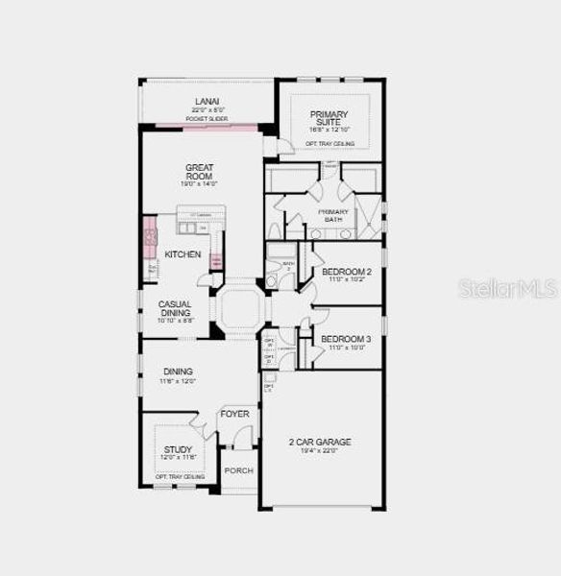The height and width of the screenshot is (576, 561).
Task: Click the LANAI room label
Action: pos(207,101)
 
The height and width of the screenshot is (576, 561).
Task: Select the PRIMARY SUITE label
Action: pos(329,118)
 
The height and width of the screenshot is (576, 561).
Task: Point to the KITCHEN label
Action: pos(183,254)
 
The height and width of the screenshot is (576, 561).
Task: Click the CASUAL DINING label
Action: pos(175,308)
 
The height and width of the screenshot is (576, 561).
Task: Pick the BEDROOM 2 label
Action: pos(346,272)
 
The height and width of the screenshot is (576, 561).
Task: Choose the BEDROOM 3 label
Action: pos(346,339)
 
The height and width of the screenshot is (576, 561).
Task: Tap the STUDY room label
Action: pos(178,449)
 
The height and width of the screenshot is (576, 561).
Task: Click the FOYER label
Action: pos(234,414)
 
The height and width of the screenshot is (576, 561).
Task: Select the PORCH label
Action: pos(238,470)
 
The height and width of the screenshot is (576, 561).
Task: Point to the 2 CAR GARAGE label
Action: pos(320,443)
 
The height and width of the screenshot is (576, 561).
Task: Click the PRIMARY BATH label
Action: pos(333,215)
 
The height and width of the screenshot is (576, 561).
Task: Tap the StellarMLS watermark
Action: pos(507,288)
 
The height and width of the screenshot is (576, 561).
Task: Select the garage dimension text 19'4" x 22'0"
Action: pos(320,451)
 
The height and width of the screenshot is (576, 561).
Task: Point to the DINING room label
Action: pos(178,372)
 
